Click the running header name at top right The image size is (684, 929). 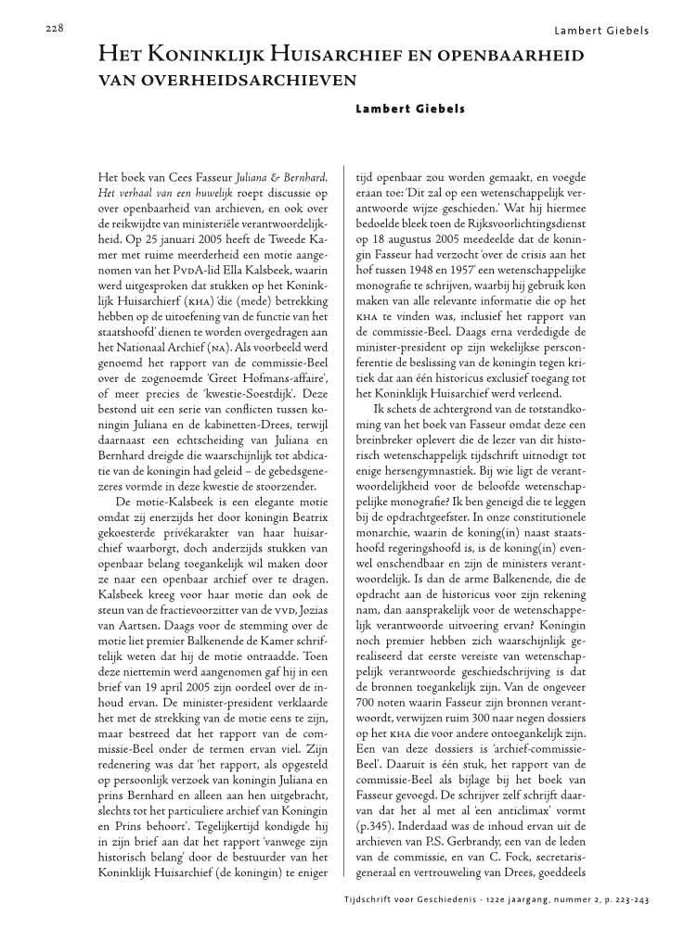point(601,31)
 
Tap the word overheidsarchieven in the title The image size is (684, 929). point(227,81)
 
